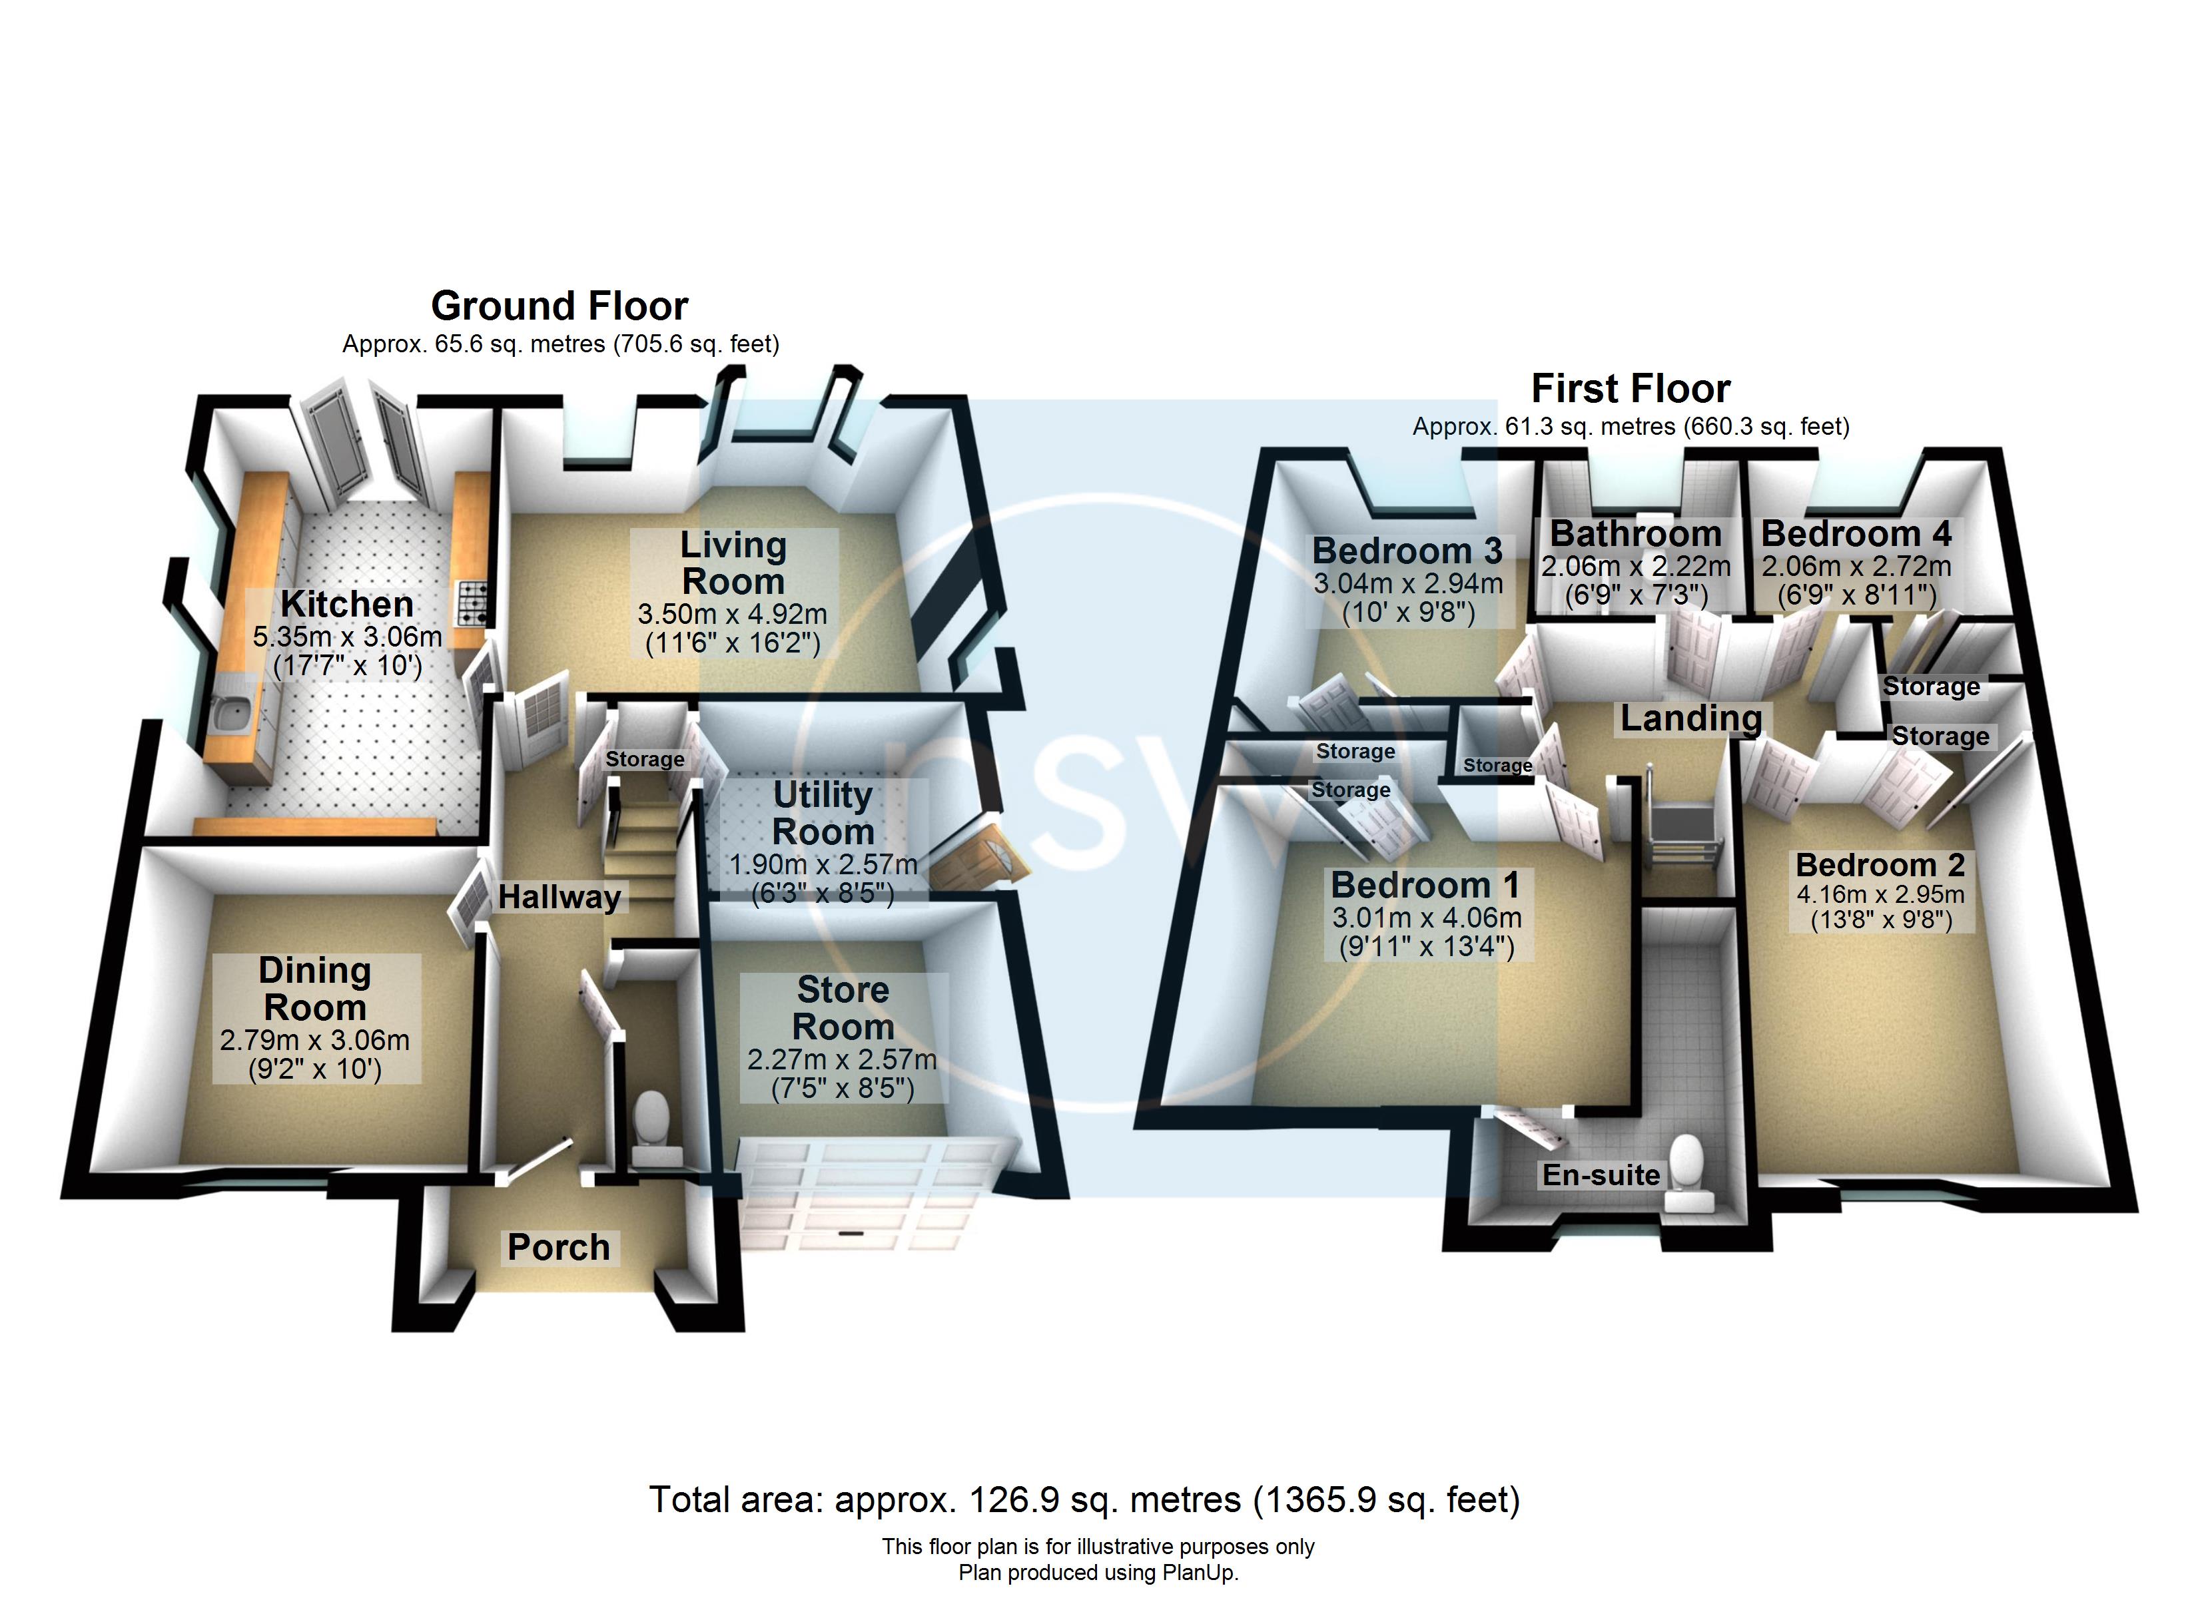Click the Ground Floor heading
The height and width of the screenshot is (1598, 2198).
[x=559, y=306]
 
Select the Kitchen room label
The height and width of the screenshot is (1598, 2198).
[x=347, y=605]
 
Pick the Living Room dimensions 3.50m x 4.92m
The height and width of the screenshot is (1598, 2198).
[x=733, y=615]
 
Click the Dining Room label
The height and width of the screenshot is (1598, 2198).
[x=315, y=989]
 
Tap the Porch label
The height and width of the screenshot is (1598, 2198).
[x=559, y=1247]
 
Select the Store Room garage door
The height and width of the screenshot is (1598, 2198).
[x=873, y=1197]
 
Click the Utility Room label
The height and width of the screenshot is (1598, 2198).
[x=823, y=813]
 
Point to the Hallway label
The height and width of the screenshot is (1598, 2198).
[x=559, y=898]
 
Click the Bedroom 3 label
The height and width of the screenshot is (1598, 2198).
[x=1407, y=551]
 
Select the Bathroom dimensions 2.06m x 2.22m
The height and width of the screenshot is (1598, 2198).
[x=1636, y=566]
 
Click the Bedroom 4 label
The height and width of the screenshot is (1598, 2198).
[x=1856, y=534]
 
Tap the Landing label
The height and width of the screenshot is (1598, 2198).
[x=1691, y=718]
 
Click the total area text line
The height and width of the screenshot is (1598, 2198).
[x=1084, y=1500]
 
